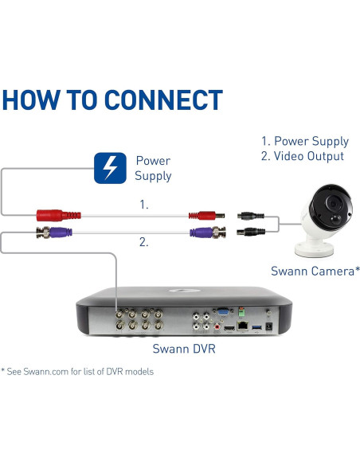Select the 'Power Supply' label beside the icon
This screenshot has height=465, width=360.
pos(152,168)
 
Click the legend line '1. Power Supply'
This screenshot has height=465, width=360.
pos(305,141)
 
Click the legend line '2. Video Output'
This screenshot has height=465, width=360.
pos(305,158)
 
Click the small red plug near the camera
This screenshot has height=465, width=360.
pos(204,215)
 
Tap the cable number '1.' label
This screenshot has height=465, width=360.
pos(143,205)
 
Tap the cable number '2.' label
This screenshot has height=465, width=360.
pos(143,243)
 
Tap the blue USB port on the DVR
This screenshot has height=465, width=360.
pos(255,326)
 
